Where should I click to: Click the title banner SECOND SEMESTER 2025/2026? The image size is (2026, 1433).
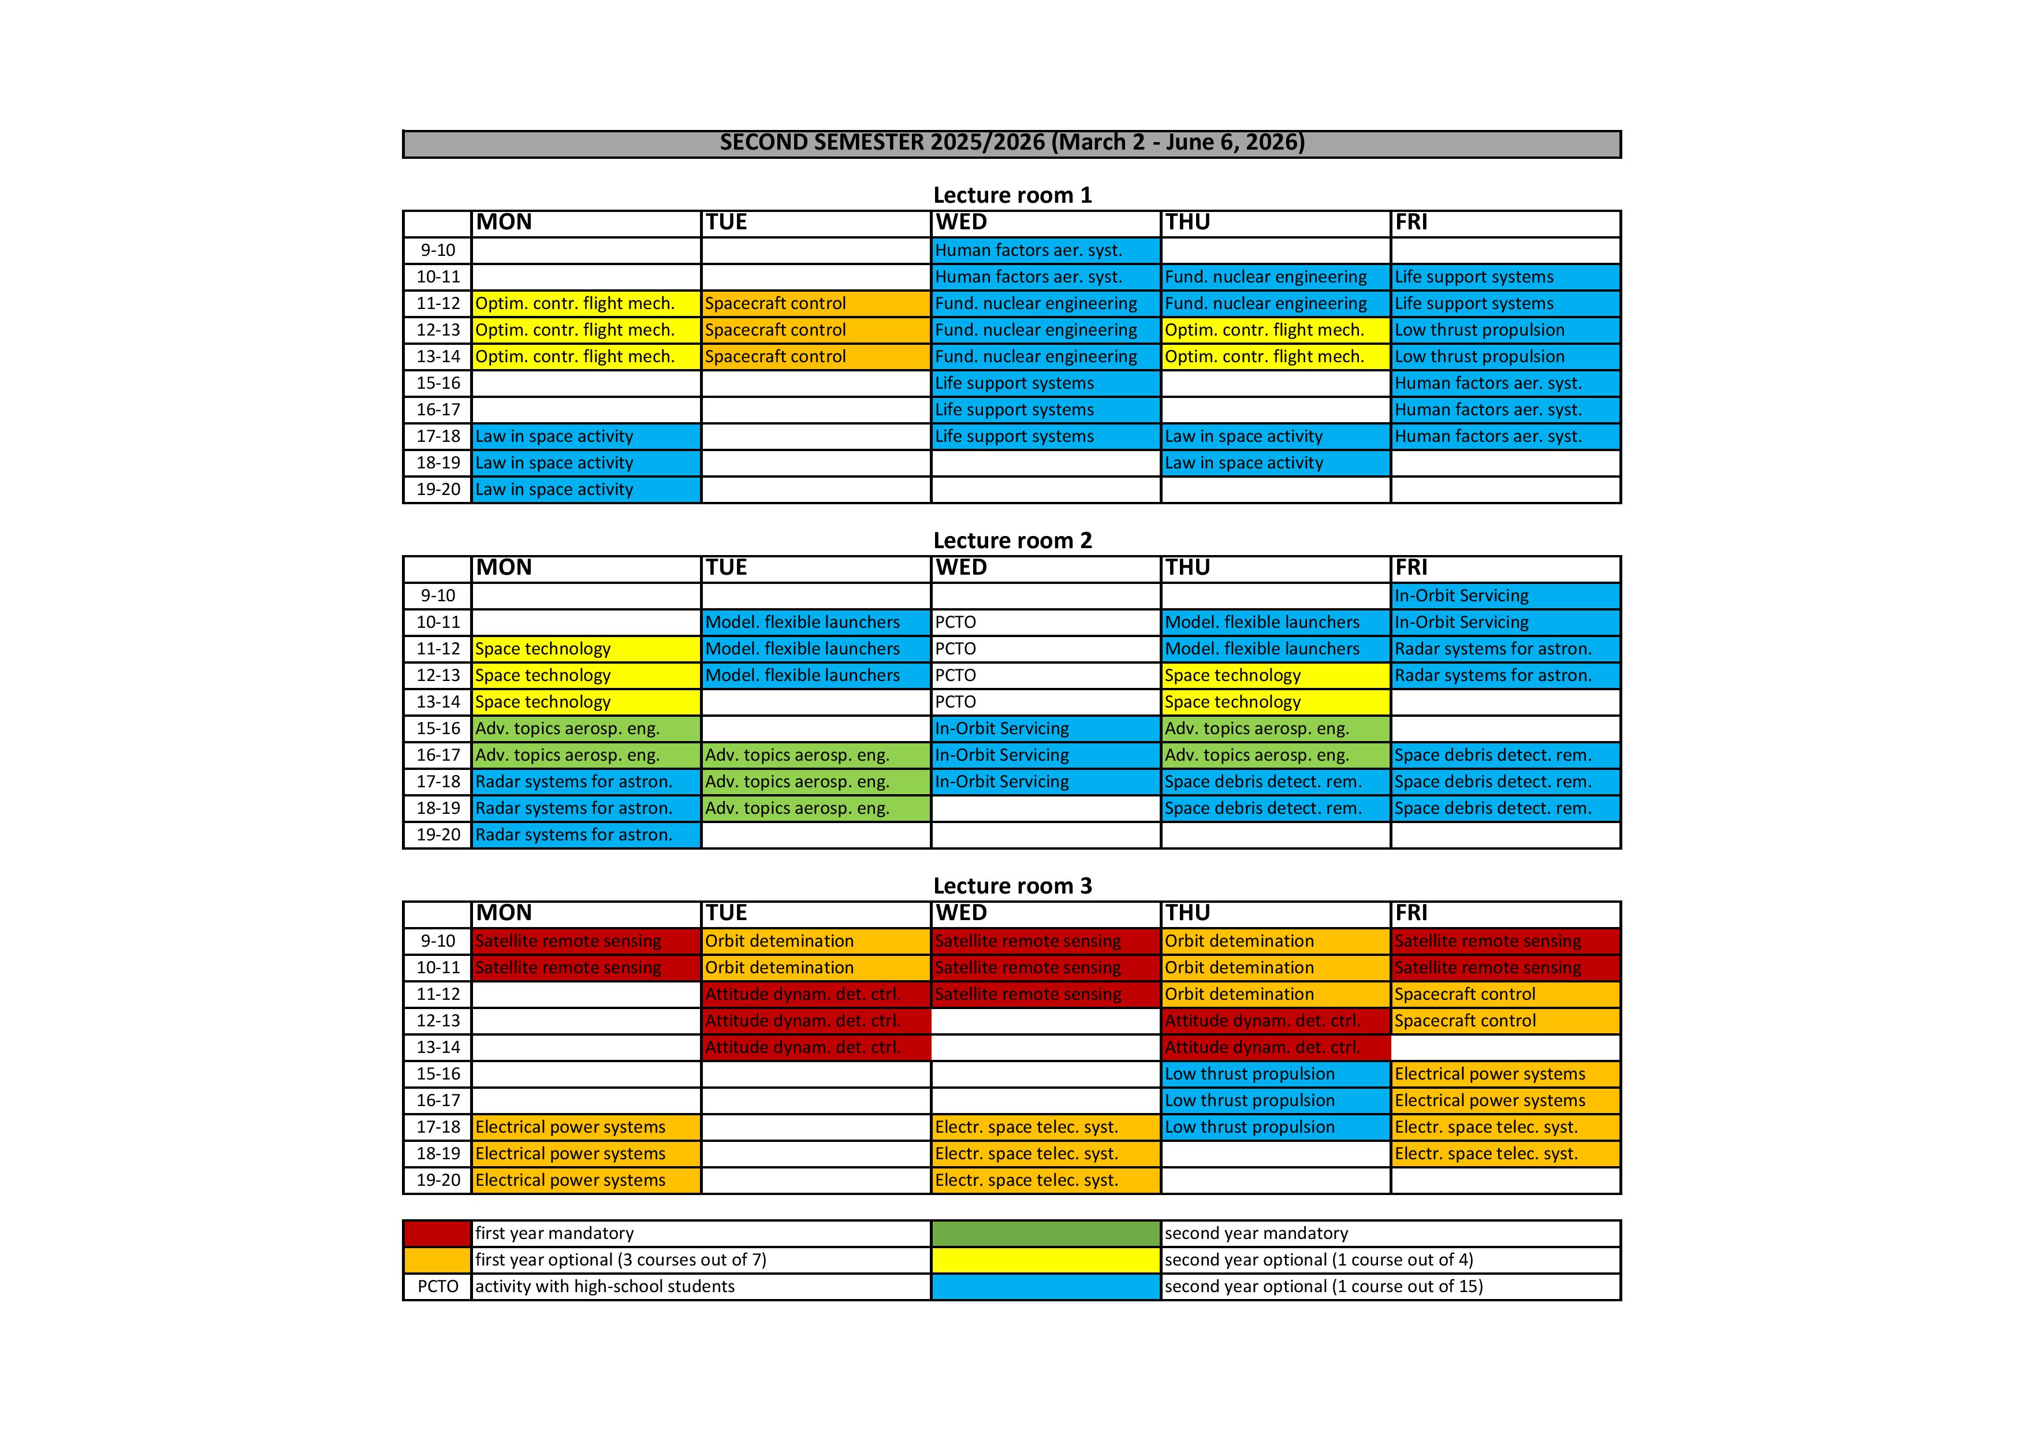1011,143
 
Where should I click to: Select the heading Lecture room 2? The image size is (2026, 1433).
1012,540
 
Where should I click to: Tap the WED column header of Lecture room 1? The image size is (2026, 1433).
962,222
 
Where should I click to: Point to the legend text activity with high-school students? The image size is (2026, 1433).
605,1286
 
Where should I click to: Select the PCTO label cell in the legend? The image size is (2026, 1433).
438,1286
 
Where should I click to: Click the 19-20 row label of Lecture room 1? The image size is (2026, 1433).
438,490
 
